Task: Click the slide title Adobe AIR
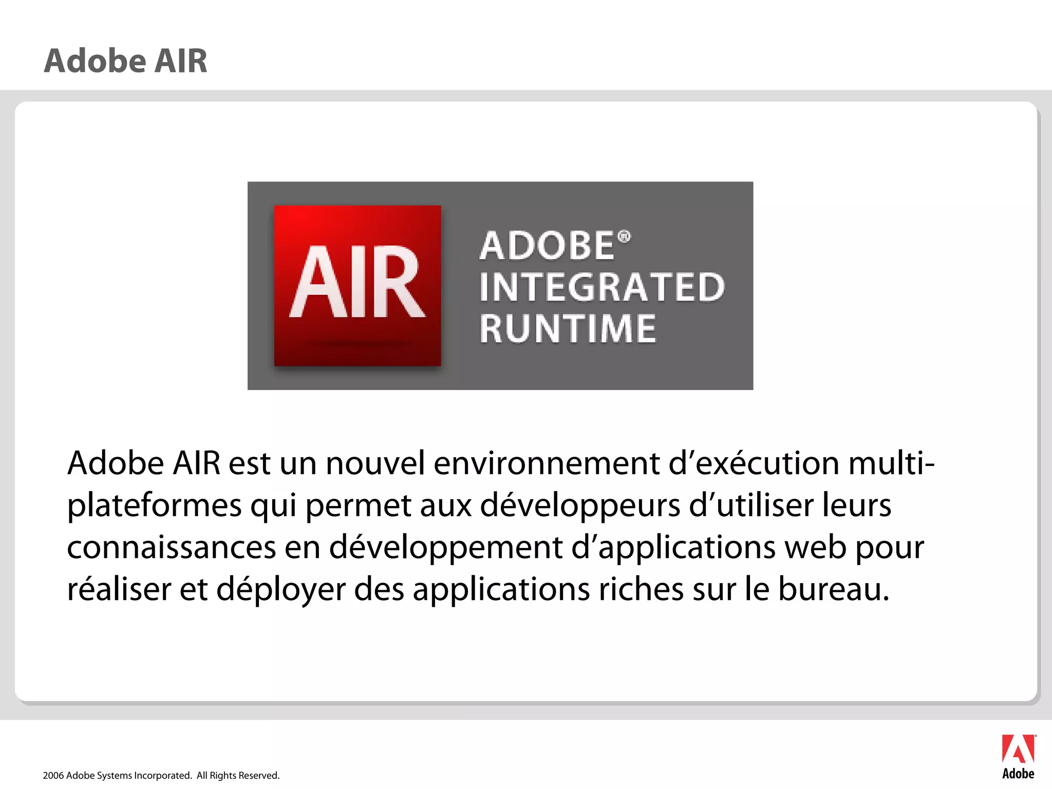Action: pos(125,61)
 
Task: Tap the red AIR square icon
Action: pos(358,286)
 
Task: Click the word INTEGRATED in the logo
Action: pos(602,287)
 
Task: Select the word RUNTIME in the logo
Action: pos(568,329)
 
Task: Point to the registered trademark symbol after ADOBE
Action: pos(624,237)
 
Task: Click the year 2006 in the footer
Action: pos(53,776)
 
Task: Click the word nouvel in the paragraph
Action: pos(375,463)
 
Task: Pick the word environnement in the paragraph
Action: pos(547,463)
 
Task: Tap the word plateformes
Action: pos(154,505)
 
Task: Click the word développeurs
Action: pos(580,505)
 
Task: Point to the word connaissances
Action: pos(172,548)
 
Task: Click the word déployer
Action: pos(280,590)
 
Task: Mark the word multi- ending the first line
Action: pos(891,463)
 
